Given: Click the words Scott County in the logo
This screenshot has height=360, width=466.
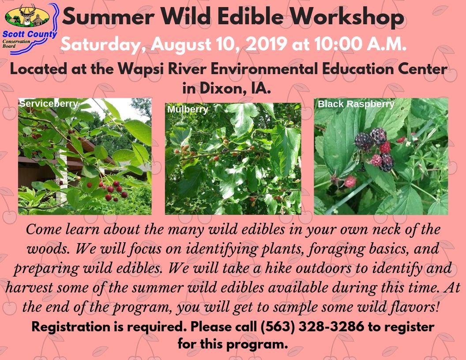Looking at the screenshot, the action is pyautogui.click(x=30, y=34).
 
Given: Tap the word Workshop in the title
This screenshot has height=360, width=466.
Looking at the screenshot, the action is pyautogui.click(x=347, y=17).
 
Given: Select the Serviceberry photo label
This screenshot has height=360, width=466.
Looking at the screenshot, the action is pyautogui.click(x=49, y=103).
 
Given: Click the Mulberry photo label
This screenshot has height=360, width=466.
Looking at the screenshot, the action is pyautogui.click(x=188, y=109).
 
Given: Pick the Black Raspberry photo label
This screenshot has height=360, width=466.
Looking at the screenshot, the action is pyautogui.click(x=356, y=104).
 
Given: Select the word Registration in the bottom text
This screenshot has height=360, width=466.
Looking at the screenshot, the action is pyautogui.click(x=71, y=327).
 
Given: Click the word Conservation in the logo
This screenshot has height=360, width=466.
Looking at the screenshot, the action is pyautogui.click(x=16, y=41).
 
